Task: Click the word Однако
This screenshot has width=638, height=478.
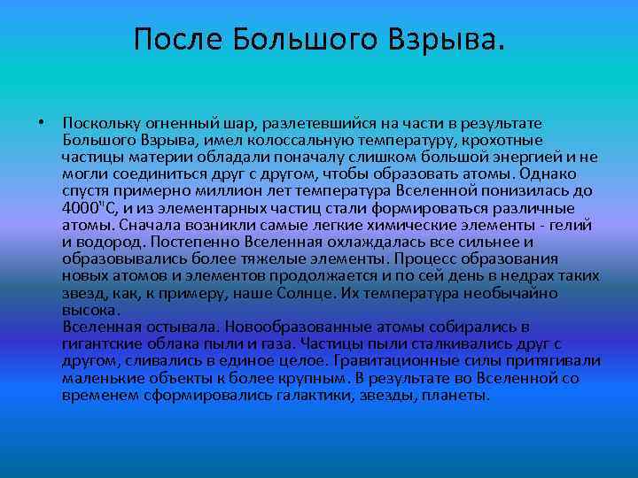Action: coord(576,174)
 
